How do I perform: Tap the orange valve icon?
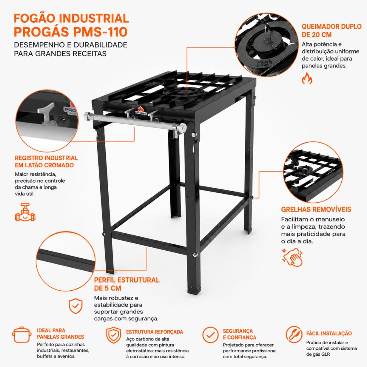click(25, 212)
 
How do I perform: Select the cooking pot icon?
click(22, 335)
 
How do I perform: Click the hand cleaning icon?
click(292, 257)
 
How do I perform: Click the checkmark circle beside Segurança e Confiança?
click(210, 335)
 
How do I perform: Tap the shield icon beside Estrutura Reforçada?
click(113, 335)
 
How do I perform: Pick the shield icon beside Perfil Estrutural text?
click(75, 306)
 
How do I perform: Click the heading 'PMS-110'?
click(99, 32)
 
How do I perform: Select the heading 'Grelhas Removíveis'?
click(316, 209)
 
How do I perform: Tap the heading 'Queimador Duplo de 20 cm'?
click(331, 30)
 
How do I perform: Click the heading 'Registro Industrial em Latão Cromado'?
click(46, 161)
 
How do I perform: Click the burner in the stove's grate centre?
click(185, 92)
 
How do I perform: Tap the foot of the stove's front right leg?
click(194, 291)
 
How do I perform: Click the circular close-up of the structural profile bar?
click(66, 261)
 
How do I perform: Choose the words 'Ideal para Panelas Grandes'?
click(61, 334)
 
